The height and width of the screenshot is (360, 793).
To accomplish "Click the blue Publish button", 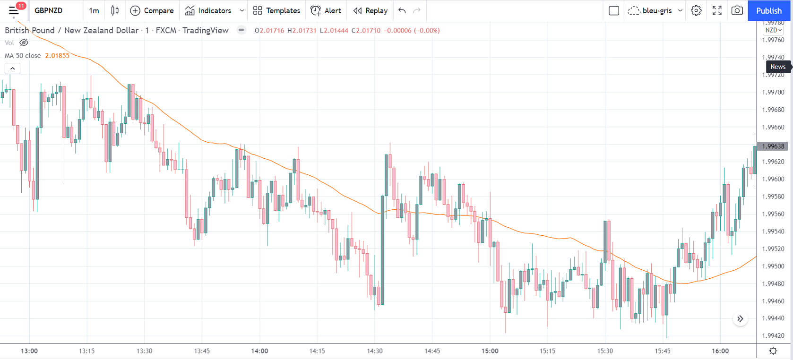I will pyautogui.click(x=768, y=10).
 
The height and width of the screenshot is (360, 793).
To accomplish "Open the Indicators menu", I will pyautogui.click(x=208, y=10).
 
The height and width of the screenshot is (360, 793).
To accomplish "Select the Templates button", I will pyautogui.click(x=276, y=10).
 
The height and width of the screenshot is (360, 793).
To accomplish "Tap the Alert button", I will pyautogui.click(x=326, y=10).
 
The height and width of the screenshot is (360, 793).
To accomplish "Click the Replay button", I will pyautogui.click(x=371, y=10).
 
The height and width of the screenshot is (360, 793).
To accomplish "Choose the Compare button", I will pyautogui.click(x=152, y=10).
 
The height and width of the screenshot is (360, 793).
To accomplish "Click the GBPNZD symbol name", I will pyautogui.click(x=49, y=10).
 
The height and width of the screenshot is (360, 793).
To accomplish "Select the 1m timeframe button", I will pyautogui.click(x=94, y=10).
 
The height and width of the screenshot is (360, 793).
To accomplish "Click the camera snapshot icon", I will pyautogui.click(x=737, y=10).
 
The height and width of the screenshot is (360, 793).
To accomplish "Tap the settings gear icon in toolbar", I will pyautogui.click(x=696, y=10).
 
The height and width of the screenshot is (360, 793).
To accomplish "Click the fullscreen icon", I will pyautogui.click(x=717, y=10).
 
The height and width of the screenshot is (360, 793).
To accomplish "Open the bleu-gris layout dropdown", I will pyautogui.click(x=655, y=10).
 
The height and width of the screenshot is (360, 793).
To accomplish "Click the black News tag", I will pyautogui.click(x=778, y=67).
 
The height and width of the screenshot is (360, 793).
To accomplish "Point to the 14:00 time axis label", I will pyautogui.click(x=259, y=351).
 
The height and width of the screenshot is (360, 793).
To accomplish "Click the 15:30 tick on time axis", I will pyautogui.click(x=605, y=351).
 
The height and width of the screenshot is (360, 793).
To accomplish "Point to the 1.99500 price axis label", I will pyautogui.click(x=773, y=266).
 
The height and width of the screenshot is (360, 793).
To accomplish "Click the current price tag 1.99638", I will pyautogui.click(x=773, y=146).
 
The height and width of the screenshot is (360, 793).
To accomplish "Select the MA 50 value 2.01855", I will pyautogui.click(x=57, y=56).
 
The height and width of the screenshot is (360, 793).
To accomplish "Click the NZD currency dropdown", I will pyautogui.click(x=773, y=30).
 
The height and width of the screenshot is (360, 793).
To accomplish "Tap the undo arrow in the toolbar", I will pyautogui.click(x=402, y=10).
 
